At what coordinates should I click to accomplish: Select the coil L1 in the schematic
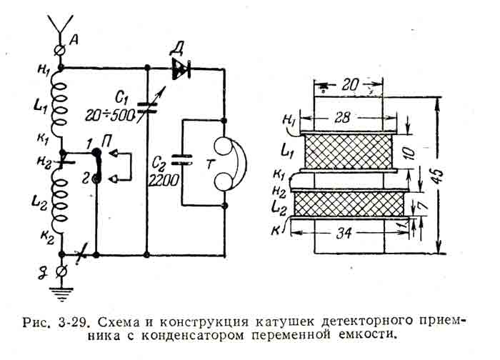[x=62, y=103]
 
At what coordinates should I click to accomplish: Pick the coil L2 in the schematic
[x=62, y=203]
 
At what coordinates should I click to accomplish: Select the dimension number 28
[x=347, y=117]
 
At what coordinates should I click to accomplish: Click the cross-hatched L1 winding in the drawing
[x=349, y=151]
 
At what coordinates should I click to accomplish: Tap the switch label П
[x=106, y=141]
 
